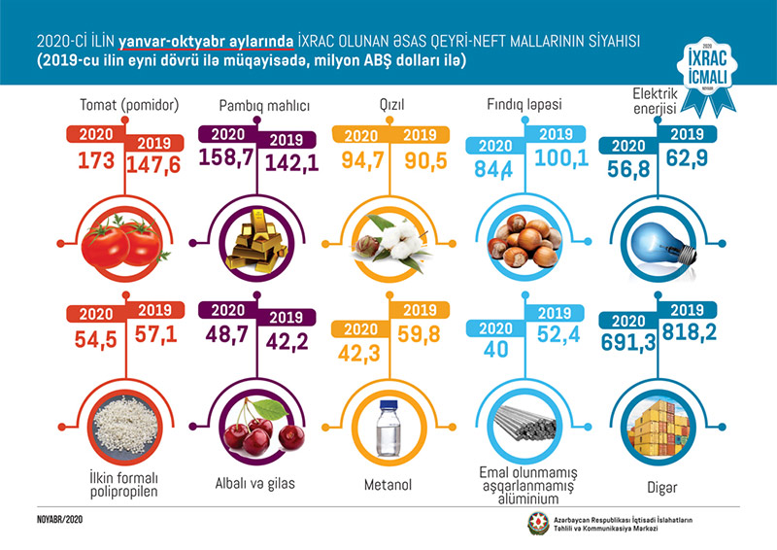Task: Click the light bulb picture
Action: pyautogui.click(x=654, y=241)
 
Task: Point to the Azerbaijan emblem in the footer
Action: pyautogui.click(x=537, y=525)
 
